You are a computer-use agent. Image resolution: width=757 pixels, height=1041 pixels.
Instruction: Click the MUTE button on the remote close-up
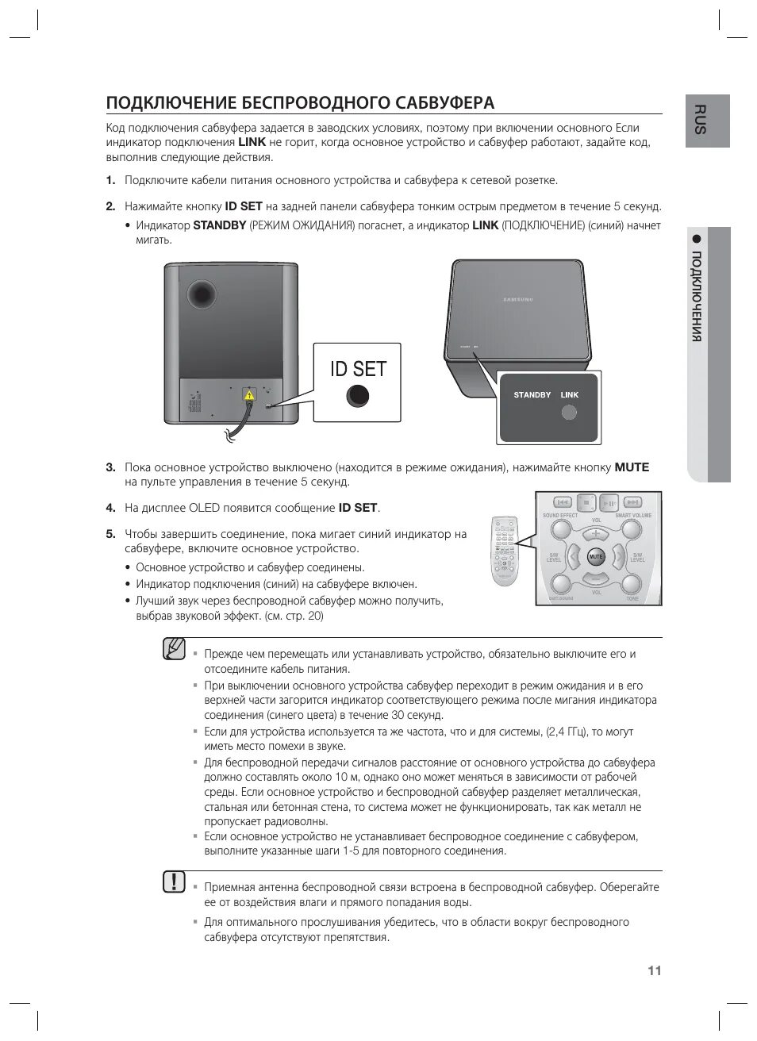pos(595,557)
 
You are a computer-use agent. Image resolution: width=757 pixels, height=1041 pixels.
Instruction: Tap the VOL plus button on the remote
pos(595,534)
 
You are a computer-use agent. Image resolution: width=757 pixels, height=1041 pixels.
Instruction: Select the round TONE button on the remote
pos(632,585)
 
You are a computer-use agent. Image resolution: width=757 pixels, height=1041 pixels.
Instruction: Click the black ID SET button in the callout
pos(358,395)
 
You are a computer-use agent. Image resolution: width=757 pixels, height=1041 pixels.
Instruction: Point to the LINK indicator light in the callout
pos(569,413)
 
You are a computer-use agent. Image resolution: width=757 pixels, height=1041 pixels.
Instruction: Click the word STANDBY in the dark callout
pos(532,395)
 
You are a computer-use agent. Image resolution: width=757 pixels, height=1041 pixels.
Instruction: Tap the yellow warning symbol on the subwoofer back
pos(248,394)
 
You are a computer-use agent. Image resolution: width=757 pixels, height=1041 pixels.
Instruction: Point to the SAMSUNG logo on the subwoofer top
pos(520,299)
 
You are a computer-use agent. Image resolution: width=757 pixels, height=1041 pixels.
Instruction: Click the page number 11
pos(654,970)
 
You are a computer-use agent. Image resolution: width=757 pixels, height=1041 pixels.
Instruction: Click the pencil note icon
pos(174,649)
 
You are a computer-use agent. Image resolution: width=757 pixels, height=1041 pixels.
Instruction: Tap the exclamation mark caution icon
pos(174,882)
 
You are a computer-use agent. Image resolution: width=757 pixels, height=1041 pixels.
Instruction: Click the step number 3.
pos(111,467)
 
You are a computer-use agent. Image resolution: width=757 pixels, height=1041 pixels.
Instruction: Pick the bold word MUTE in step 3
pos(632,467)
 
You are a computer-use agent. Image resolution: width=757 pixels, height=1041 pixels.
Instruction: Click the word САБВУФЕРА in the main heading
pos(440,103)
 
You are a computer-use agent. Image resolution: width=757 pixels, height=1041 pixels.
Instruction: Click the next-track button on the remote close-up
pos(632,502)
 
